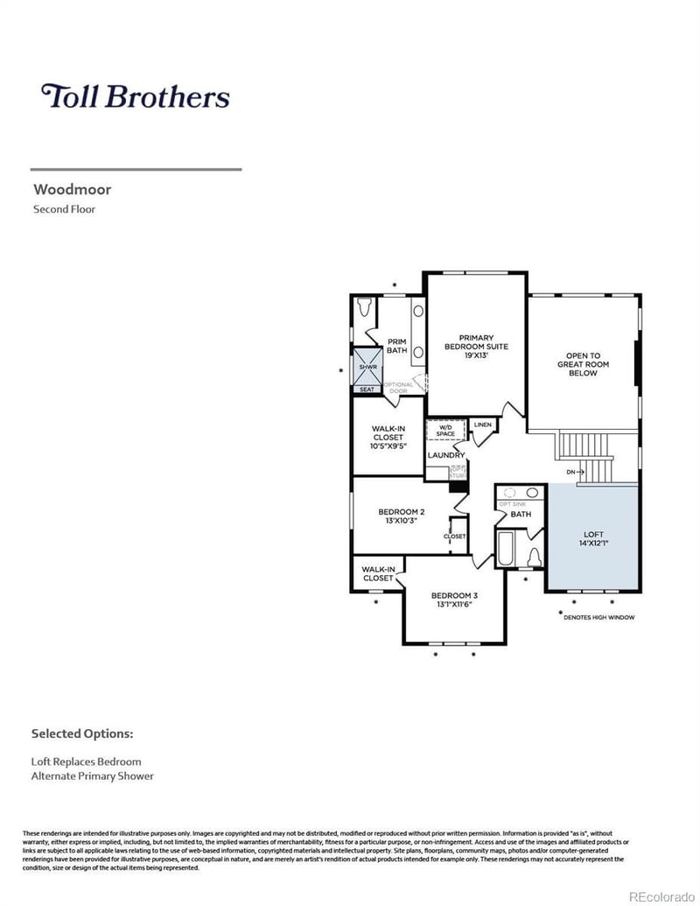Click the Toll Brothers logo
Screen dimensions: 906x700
point(136,96)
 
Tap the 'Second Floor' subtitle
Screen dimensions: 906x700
point(64,209)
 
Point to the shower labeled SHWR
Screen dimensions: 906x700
point(366,368)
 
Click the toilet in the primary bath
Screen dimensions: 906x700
point(366,307)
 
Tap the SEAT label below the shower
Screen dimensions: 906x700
point(366,390)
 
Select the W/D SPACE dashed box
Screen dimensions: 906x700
point(446,431)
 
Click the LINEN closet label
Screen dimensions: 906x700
point(482,425)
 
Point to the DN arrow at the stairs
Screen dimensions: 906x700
point(575,473)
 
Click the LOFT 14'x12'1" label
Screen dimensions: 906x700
point(593,538)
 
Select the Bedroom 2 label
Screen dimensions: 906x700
point(402,516)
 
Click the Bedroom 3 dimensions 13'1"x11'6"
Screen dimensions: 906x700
point(454,604)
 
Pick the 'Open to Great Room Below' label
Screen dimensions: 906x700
point(583,364)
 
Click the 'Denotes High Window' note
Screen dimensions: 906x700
point(598,617)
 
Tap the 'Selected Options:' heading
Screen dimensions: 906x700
point(82,733)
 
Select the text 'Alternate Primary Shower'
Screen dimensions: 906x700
point(93,776)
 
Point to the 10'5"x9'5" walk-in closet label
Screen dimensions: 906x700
point(388,446)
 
